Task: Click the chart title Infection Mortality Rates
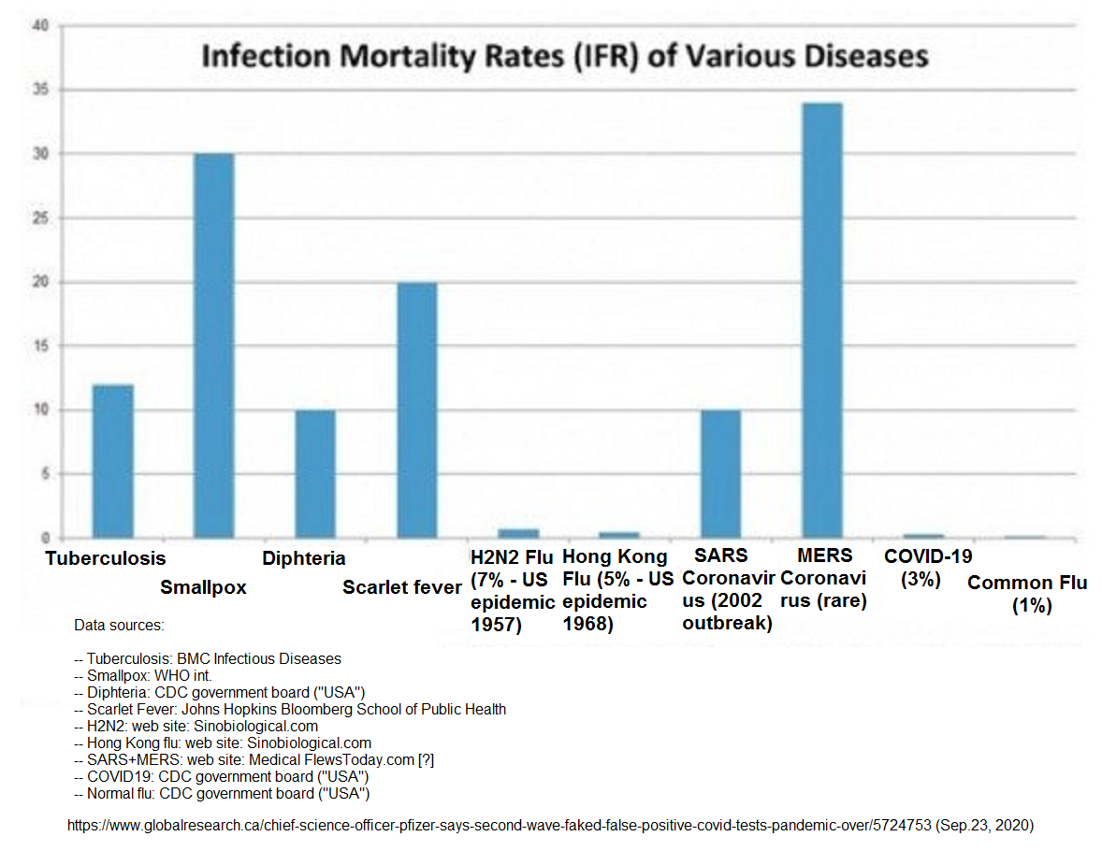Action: pyautogui.click(x=565, y=56)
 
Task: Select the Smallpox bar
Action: pyautogui.click(x=213, y=346)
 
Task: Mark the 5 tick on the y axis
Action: pyautogui.click(x=43, y=474)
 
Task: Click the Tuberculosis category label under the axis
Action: pyautogui.click(x=106, y=558)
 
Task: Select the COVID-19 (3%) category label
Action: pyautogui.click(x=928, y=568)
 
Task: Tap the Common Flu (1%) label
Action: pyautogui.click(x=1027, y=594)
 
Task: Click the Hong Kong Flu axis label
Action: pyautogui.click(x=617, y=590)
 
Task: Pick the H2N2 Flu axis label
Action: pyautogui.click(x=513, y=590)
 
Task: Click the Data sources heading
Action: pyautogui.click(x=118, y=624)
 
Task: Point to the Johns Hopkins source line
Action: pyautogui.click(x=290, y=709)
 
